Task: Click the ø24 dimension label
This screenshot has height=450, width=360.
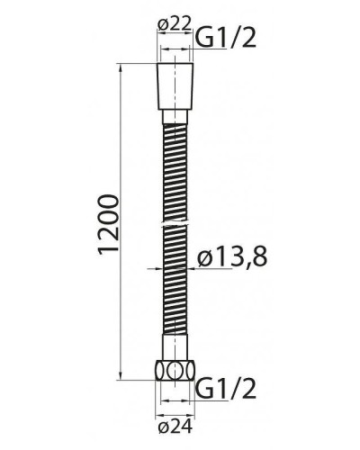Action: (174, 426)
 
